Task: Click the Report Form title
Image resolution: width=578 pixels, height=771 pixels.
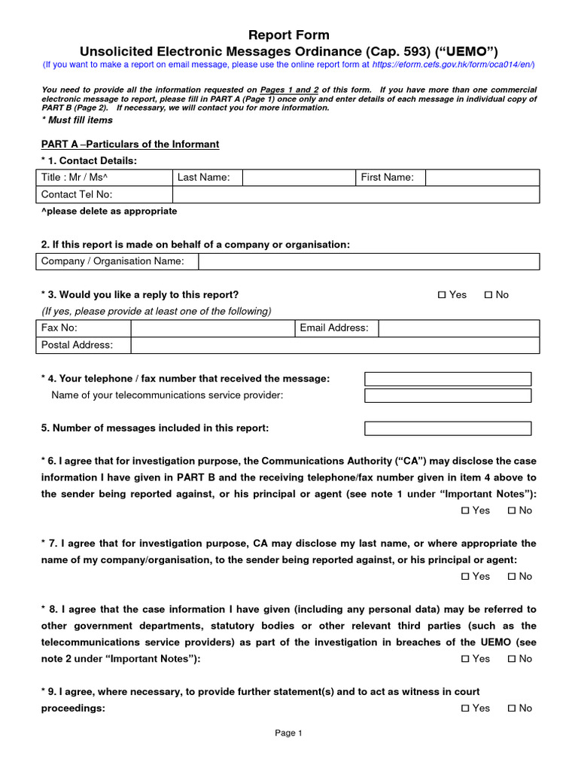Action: (x=289, y=35)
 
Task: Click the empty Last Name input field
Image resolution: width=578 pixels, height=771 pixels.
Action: (x=298, y=178)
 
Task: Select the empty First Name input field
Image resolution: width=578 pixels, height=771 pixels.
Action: (x=482, y=178)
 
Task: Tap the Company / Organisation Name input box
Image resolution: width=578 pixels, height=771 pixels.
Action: (x=369, y=261)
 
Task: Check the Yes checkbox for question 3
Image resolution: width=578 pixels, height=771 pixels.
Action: (x=442, y=295)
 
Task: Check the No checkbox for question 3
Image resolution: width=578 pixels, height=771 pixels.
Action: (x=488, y=295)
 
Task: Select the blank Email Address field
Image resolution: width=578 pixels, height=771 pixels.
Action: (x=458, y=328)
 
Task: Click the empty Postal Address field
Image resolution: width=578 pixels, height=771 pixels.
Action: (x=334, y=345)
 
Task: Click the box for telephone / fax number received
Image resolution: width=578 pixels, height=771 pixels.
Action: (x=448, y=379)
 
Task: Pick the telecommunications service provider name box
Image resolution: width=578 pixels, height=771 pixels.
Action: (x=448, y=395)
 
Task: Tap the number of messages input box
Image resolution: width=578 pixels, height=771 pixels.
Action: (x=448, y=428)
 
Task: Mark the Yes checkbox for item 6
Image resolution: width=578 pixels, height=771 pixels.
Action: (x=465, y=510)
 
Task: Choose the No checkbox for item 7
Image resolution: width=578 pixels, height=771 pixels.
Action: (x=512, y=577)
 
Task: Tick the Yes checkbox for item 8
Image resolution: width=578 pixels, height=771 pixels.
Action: (x=465, y=659)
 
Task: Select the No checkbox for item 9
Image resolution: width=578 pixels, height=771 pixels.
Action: (x=512, y=709)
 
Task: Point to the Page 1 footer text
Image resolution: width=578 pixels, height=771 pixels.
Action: (x=288, y=733)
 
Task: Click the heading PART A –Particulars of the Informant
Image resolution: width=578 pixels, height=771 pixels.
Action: (x=130, y=144)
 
